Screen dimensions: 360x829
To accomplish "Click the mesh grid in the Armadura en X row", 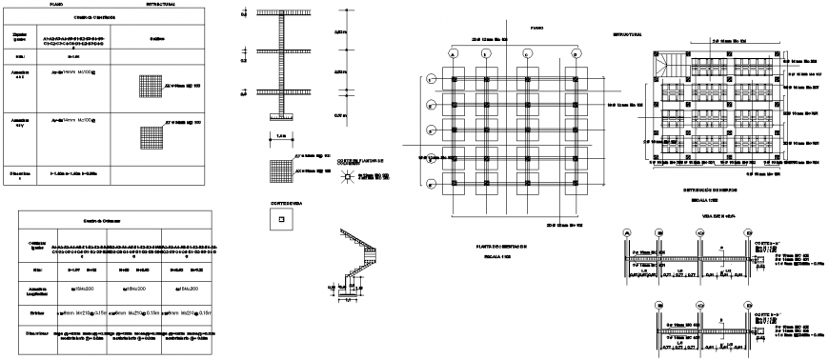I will tap(150, 84).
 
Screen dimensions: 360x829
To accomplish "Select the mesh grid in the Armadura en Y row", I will tap(150, 136).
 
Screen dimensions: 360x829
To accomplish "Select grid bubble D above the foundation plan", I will tap(576, 54).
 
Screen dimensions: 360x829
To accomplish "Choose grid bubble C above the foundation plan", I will tap(536, 54).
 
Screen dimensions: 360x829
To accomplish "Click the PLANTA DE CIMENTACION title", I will tap(501, 246).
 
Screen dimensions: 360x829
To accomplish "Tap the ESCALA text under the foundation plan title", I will tap(501, 255).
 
